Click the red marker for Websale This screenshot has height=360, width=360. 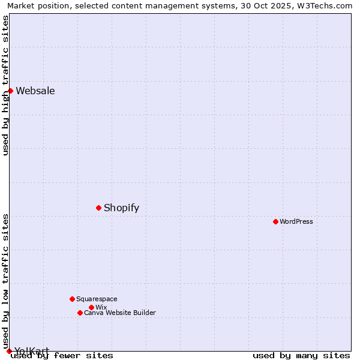point(10,91)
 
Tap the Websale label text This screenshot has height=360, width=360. point(35,91)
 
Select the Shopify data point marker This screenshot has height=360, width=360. point(98,208)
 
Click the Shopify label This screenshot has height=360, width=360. point(121,208)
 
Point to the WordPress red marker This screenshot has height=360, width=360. point(275,221)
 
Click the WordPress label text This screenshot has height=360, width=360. point(296,222)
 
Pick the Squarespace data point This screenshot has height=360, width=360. point(72,299)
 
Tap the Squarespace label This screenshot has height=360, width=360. point(97,299)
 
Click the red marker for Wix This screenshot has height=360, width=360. point(91,307)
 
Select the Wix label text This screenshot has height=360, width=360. point(101,308)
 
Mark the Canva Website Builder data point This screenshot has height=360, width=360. point(80,313)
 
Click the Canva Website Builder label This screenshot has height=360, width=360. point(119,313)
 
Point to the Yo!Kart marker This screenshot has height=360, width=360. point(9,351)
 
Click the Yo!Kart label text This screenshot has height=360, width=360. point(32,351)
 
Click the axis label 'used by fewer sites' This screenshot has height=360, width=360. point(62,356)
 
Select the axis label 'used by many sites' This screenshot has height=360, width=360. point(301,356)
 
